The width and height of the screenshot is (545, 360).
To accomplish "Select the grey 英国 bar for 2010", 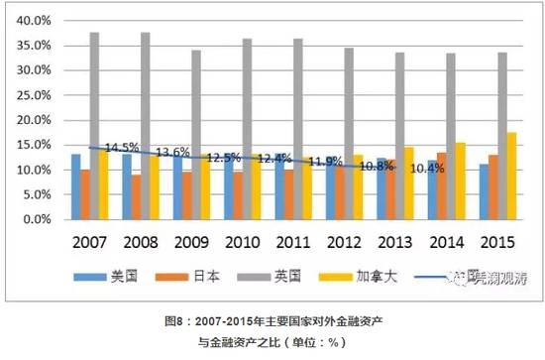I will point(247,129).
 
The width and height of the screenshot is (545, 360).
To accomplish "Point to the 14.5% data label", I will point(122,147).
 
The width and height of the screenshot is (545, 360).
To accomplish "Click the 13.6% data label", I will point(173,152).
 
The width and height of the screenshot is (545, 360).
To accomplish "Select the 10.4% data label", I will point(426,169).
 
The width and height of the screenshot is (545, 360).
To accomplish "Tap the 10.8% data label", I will point(376,166).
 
